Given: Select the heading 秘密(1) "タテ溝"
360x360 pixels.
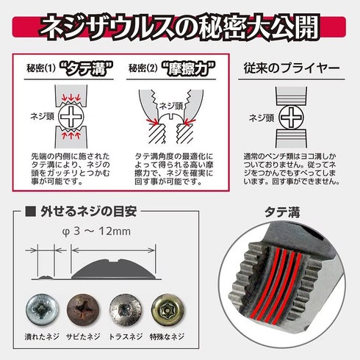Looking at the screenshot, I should point(66,71).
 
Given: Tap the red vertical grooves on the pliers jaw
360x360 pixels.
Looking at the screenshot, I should point(281,278).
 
